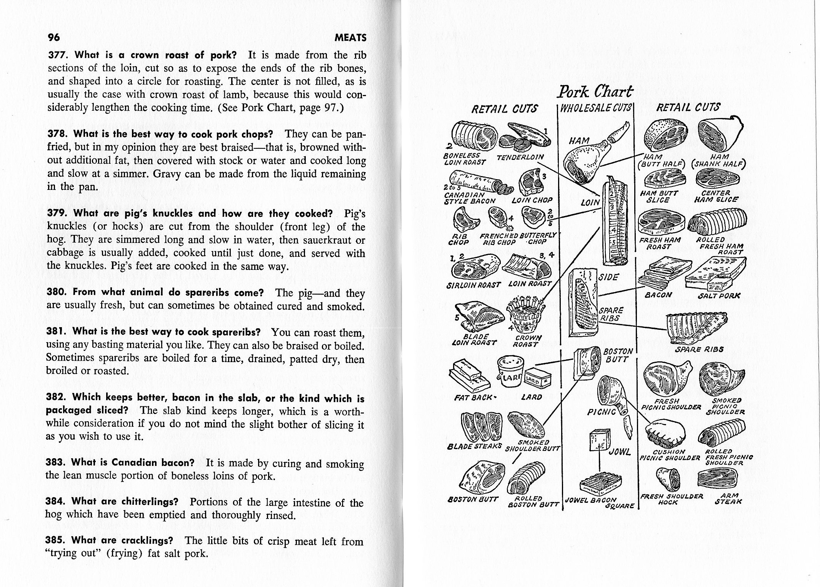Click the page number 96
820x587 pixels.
click(x=53, y=38)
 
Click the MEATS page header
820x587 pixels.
click(x=350, y=38)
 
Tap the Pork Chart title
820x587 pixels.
click(x=595, y=92)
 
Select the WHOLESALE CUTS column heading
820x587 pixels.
click(x=596, y=108)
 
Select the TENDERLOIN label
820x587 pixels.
click(x=520, y=157)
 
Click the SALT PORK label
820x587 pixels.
click(x=718, y=296)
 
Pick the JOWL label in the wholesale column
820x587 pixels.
click(x=620, y=452)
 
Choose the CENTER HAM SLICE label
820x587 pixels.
click(x=716, y=196)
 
